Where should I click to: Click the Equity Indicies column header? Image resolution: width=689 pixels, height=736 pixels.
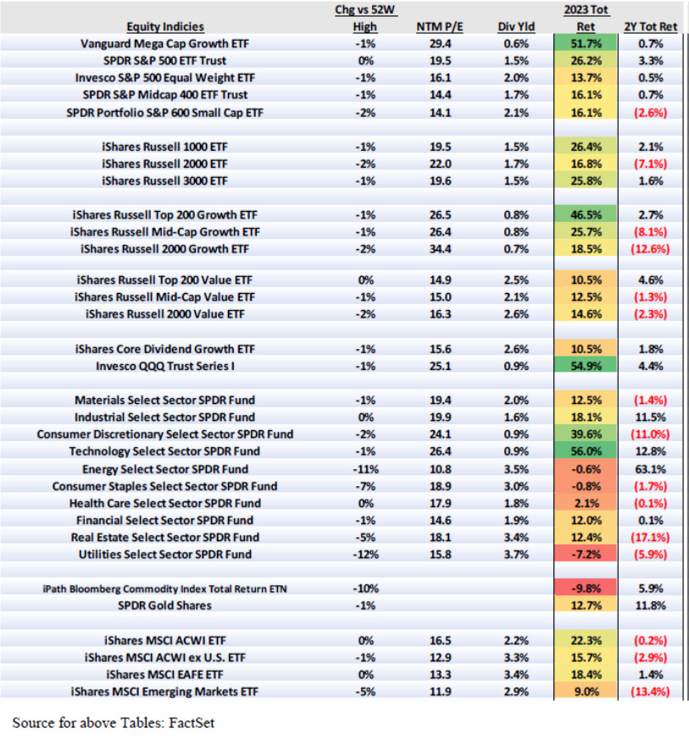tap(165, 27)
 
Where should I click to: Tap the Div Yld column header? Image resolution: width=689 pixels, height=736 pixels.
tap(517, 27)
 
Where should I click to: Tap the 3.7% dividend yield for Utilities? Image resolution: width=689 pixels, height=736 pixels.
tap(517, 554)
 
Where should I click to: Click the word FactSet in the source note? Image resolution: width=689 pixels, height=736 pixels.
tap(203, 722)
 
